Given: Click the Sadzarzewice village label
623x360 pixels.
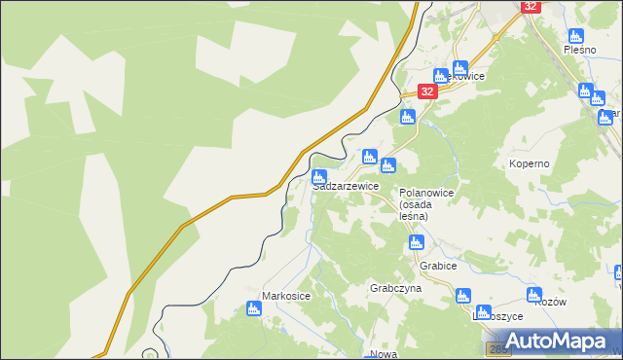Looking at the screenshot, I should coord(346,186).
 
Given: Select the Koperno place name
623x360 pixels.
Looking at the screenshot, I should coord(529,164).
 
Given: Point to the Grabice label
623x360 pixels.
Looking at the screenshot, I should coord(438,265).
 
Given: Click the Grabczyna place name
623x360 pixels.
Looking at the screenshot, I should coord(394,289).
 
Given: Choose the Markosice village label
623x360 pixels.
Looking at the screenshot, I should coord(285,295).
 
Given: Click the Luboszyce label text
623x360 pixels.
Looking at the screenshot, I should coord(497,316).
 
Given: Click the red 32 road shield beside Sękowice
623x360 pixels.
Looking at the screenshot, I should coord(427,90).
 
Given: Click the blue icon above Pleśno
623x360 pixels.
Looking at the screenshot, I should coord(575,36).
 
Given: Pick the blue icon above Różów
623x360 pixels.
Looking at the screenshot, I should coord(533,294).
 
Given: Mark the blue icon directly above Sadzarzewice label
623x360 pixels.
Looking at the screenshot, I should coord(319,177).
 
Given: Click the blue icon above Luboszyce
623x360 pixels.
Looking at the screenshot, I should coord(463,296).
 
